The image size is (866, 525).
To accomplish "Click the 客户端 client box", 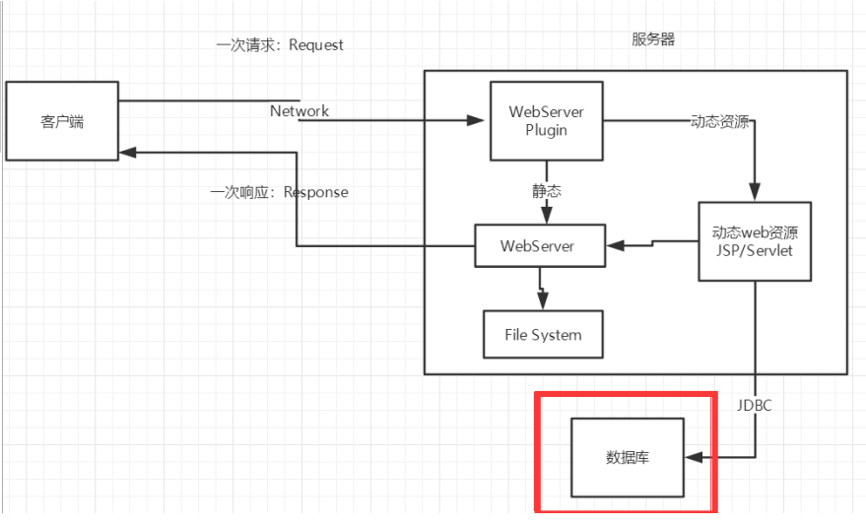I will click(62, 121).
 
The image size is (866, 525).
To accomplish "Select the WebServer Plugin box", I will click(546, 120).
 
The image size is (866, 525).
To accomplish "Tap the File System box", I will click(543, 335).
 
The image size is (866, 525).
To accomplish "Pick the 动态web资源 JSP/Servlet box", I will click(755, 242).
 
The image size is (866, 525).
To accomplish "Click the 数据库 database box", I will click(628, 458).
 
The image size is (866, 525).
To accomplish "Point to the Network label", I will click(300, 111).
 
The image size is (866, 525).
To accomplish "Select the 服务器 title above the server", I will click(653, 39).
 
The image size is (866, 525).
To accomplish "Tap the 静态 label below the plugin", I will click(548, 190).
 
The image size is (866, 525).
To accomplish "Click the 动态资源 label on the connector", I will click(719, 122).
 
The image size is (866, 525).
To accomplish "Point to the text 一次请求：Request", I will click(280, 45).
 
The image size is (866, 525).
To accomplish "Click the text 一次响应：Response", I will click(280, 192).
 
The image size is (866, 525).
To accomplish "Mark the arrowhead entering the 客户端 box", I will click(127, 153).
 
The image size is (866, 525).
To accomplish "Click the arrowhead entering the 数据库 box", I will click(693, 458).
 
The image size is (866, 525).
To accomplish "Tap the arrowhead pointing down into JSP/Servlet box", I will click(756, 194).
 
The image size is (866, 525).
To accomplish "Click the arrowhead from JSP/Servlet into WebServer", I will click(611, 244).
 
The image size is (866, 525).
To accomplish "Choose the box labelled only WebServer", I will click(538, 245).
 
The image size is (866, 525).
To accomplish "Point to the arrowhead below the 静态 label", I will click(546, 217).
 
